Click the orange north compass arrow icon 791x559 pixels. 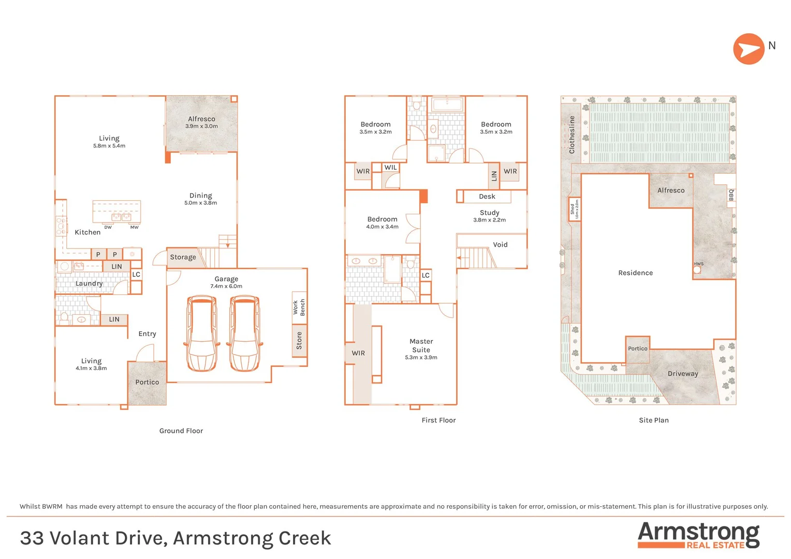[x=749, y=49]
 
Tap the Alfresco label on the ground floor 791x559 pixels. [x=201, y=119]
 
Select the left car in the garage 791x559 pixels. [x=201, y=333]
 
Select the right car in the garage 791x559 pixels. [x=244, y=333]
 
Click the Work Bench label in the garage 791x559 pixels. [x=299, y=307]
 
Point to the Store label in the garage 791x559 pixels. [x=299, y=341]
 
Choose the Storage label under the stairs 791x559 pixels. [x=183, y=257]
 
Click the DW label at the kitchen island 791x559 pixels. [x=108, y=227]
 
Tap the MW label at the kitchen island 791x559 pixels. [x=134, y=227]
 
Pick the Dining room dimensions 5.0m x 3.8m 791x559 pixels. [x=200, y=203]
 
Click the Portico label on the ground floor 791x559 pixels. [x=147, y=383]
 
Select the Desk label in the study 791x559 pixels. [x=487, y=197]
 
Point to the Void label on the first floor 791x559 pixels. [x=500, y=245]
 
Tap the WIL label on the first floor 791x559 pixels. [x=390, y=168]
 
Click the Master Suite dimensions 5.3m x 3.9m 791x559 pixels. [x=421, y=358]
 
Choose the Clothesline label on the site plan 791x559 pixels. [x=572, y=135]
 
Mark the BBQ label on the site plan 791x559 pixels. [x=731, y=195]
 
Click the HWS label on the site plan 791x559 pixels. [x=698, y=264]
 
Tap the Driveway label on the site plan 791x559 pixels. [x=683, y=374]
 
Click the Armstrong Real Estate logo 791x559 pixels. [x=698, y=535]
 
